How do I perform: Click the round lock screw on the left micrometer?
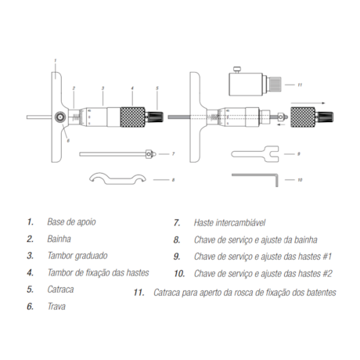point(60,117)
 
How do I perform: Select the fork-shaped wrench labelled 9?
point(255,154)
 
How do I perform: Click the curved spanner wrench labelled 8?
point(117,178)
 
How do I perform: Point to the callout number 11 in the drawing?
point(300,85)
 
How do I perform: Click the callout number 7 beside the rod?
point(173,154)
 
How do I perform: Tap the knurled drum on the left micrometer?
point(133,117)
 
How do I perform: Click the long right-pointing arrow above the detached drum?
point(308,103)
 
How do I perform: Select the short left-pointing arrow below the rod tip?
point(281,125)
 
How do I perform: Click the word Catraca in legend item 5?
point(60,290)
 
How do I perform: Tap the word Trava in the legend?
point(56,306)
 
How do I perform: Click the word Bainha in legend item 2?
point(59,239)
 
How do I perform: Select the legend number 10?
point(179,274)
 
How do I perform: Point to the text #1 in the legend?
point(327,257)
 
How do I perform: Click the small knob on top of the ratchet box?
point(237,70)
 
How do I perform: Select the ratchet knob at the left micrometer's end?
point(155,117)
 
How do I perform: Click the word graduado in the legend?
point(91,256)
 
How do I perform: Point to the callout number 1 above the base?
point(56,60)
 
